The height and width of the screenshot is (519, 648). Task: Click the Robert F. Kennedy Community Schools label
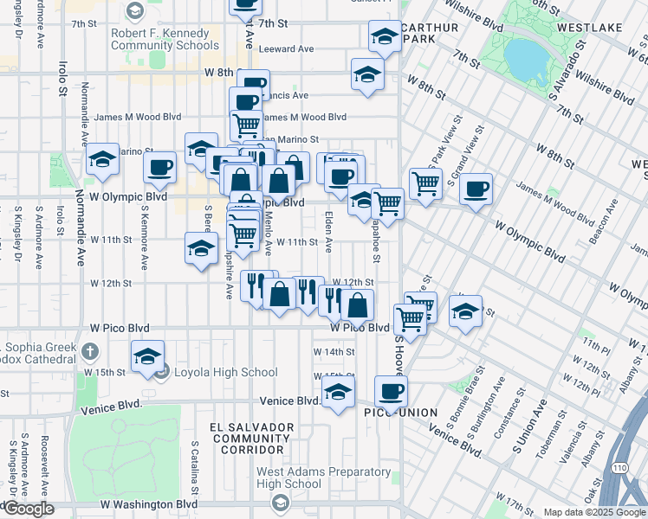click(165, 39)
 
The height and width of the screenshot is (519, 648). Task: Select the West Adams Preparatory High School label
click(323, 478)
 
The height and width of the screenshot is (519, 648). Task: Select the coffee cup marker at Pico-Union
click(392, 391)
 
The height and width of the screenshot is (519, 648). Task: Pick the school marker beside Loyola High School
click(148, 356)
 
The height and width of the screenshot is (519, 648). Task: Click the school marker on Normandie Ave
click(102, 158)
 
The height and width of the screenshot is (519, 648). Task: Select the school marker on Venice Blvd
click(339, 393)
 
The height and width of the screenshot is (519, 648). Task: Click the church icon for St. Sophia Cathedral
click(94, 351)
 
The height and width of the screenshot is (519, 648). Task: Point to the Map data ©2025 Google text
click(593, 512)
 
